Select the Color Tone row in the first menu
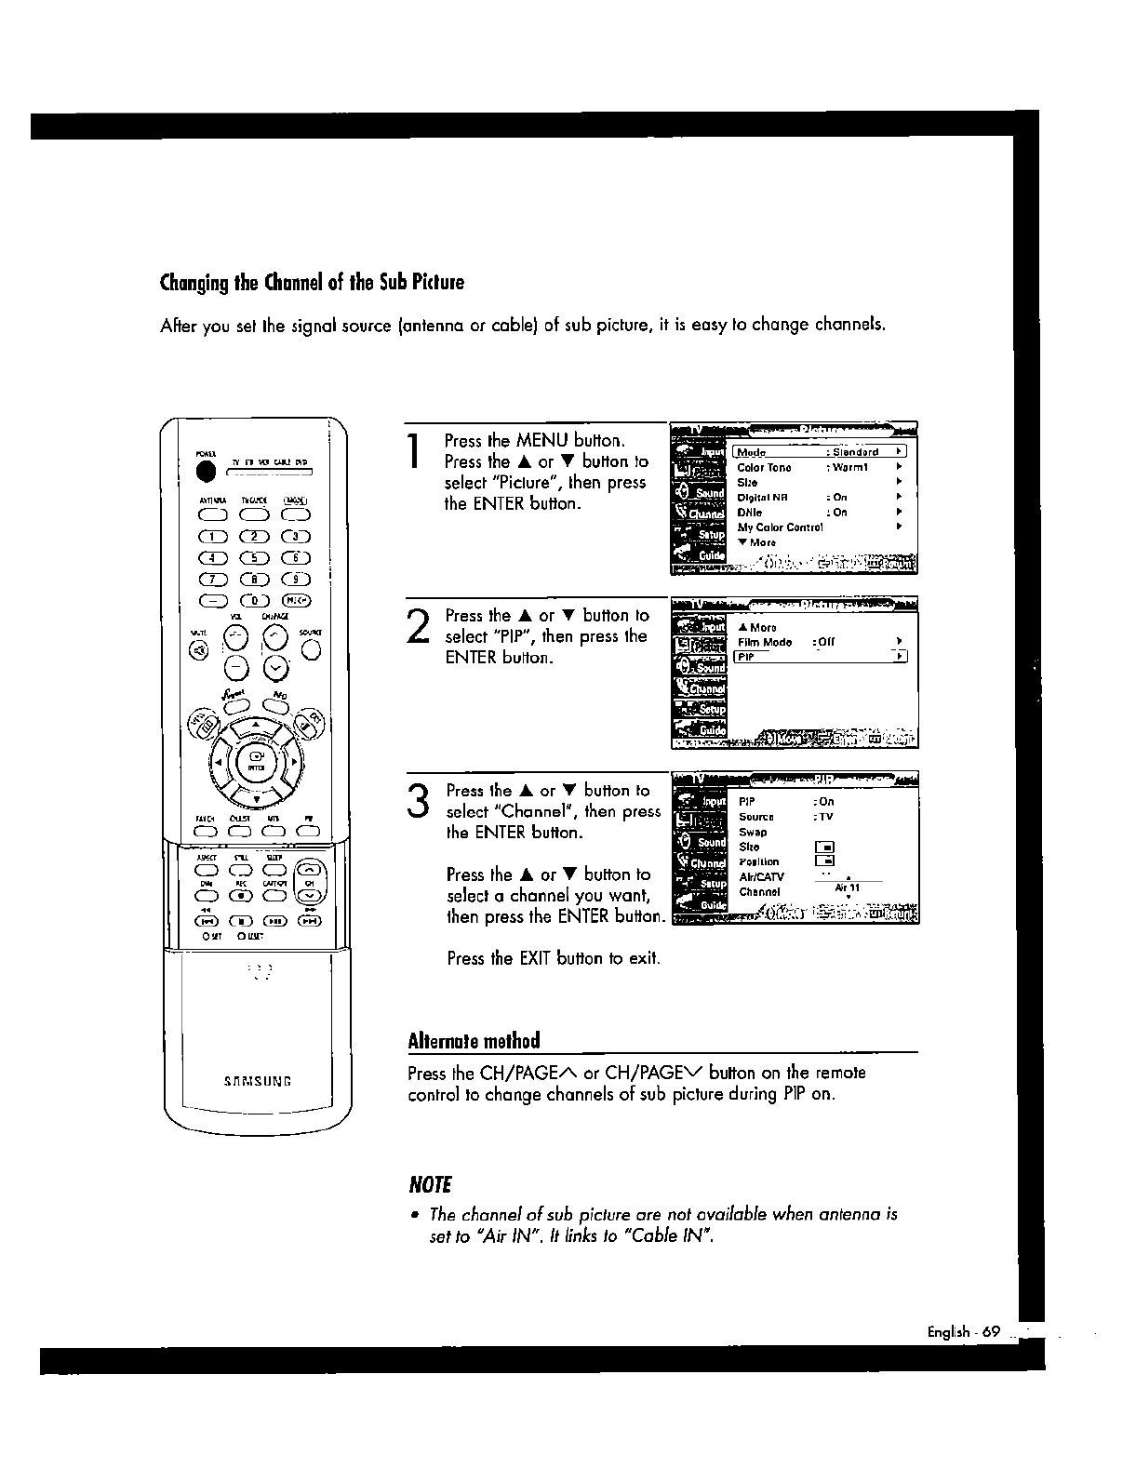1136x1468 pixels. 764,468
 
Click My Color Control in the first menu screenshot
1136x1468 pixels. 780,527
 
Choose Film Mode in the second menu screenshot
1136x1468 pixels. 765,643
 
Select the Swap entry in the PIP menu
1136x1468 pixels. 753,833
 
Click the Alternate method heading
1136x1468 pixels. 474,1040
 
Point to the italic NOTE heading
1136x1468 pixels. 430,1184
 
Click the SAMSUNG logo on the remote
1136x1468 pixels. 258,1081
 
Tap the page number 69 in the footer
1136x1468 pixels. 989,1332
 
